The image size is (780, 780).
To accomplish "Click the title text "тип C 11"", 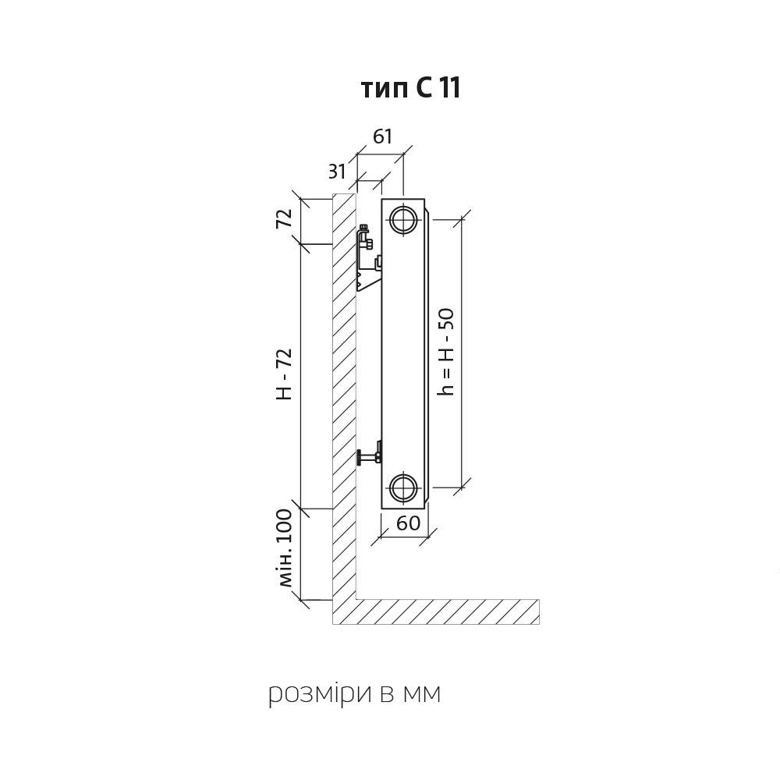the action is point(410,89).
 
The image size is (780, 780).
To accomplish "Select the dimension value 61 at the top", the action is point(382,136).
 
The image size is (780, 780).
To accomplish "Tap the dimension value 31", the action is point(337,171).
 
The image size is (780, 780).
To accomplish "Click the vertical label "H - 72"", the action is point(284,374).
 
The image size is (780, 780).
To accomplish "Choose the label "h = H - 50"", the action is point(445,352).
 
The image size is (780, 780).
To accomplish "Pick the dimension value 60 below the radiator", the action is point(409,523).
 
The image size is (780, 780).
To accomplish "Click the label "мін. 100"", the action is point(285,548).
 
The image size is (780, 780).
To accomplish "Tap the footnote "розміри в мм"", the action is point(355,693).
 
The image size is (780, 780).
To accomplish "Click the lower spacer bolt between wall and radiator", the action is point(369,456).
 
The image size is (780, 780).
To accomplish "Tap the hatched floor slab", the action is point(448,612).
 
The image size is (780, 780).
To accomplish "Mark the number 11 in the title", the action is point(448,89).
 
